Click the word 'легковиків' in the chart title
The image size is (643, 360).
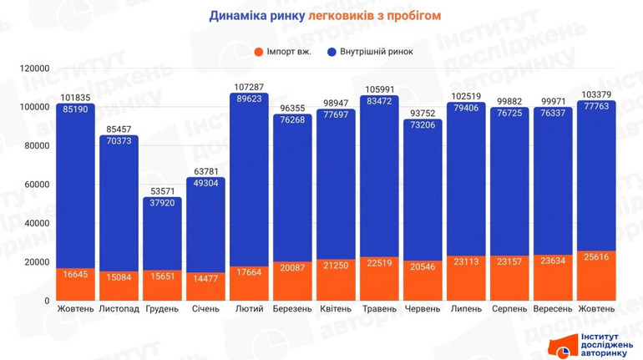tap(339, 15)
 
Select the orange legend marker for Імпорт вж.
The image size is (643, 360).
tap(259, 52)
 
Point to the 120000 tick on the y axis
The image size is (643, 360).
tap(36, 68)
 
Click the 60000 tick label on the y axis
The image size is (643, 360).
tap(38, 185)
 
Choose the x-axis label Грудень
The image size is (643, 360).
tap(162, 309)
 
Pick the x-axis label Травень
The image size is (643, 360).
tap(380, 309)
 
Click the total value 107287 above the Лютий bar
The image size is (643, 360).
tap(249, 87)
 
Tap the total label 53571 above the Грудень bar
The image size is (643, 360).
tap(162, 190)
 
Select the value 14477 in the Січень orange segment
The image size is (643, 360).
tap(205, 278)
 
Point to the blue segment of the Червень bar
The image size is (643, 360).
tap(423, 192)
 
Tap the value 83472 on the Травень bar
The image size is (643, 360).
tap(379, 100)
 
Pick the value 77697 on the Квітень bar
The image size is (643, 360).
tap(336, 114)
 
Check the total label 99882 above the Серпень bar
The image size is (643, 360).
tap(509, 101)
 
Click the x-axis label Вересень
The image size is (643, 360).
tap(553, 309)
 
